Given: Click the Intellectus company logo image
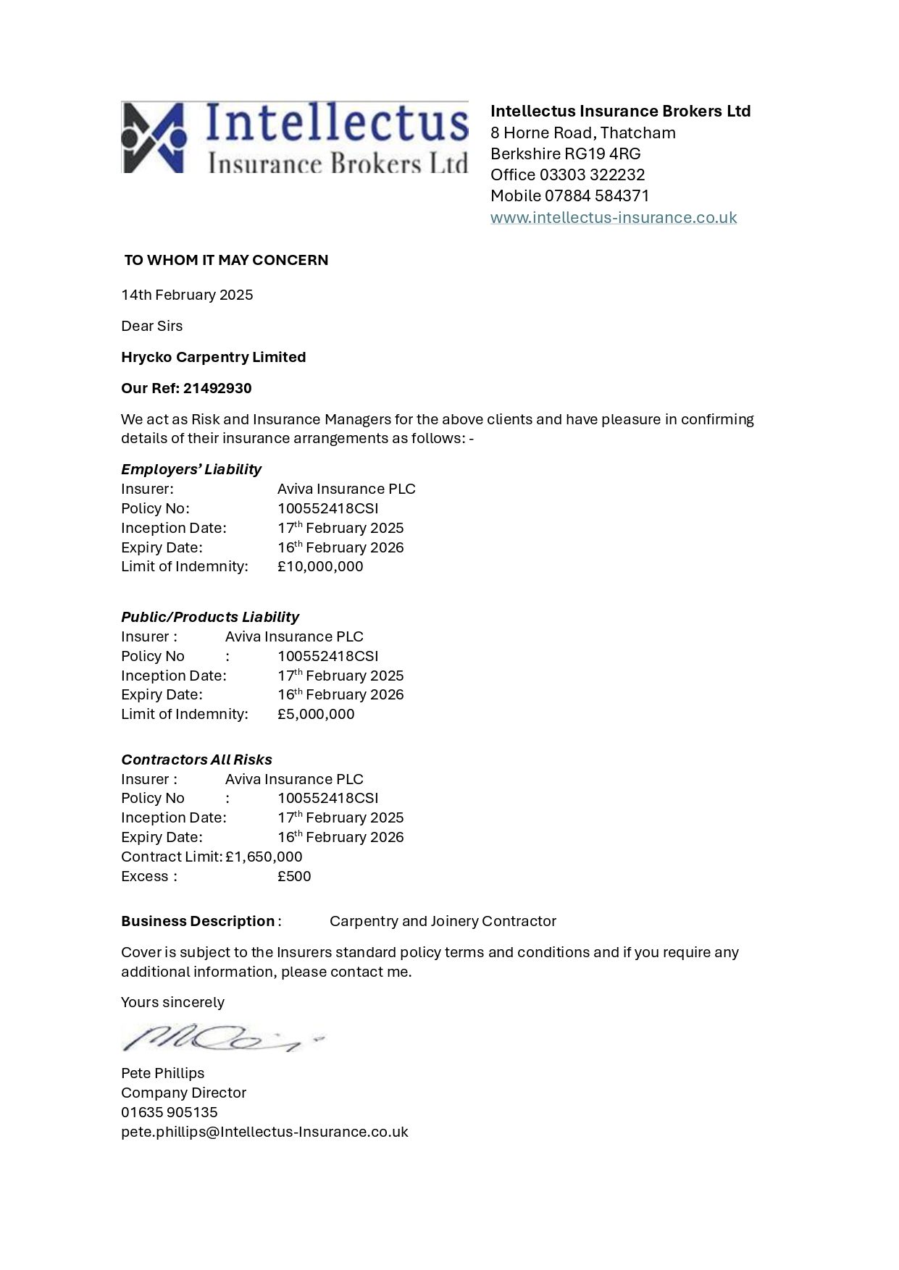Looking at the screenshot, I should pyautogui.click(x=294, y=138).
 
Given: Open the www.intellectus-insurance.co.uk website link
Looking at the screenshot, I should pyautogui.click(x=613, y=217).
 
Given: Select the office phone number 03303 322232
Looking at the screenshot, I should pyautogui.click(x=592, y=174).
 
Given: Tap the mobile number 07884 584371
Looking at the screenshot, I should pyautogui.click(x=597, y=195).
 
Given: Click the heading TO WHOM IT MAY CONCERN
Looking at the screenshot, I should pyautogui.click(x=226, y=260).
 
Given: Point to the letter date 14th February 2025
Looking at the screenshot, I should pyautogui.click(x=187, y=295).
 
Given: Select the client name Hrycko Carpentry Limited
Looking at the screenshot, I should pyautogui.click(x=213, y=357).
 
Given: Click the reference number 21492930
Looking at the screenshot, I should pyautogui.click(x=217, y=388).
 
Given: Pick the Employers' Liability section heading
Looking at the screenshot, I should pyautogui.click(x=191, y=469).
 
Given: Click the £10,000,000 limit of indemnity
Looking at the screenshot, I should pyautogui.click(x=320, y=566).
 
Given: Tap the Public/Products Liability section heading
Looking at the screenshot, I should pyautogui.click(x=209, y=617).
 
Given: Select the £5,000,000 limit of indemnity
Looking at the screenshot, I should pyautogui.click(x=316, y=714).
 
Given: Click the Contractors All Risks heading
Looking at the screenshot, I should pyautogui.click(x=196, y=760).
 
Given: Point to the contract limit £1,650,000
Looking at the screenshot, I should pyautogui.click(x=264, y=857).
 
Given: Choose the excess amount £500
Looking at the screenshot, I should pyautogui.click(x=294, y=876).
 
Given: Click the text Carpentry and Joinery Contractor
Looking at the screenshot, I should pyautogui.click(x=443, y=921).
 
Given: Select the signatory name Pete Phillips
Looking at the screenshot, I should pyautogui.click(x=162, y=1073).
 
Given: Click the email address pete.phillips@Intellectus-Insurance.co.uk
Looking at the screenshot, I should pyautogui.click(x=264, y=1132).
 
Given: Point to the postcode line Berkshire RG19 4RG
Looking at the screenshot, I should pyautogui.click(x=565, y=154).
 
